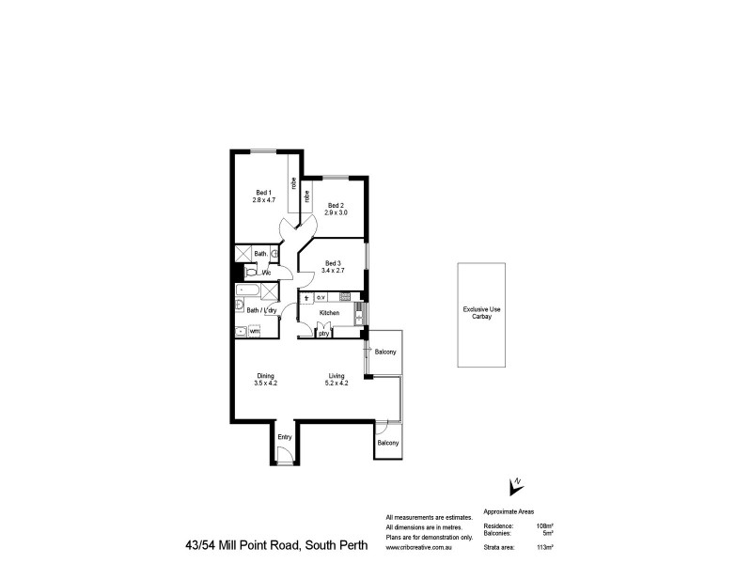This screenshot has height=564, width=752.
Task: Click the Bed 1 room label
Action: (x=262, y=193)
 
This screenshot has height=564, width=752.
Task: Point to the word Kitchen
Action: (x=329, y=312)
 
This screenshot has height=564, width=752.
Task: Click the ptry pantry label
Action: (x=323, y=333)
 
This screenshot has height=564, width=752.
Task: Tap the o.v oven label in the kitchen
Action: (x=321, y=298)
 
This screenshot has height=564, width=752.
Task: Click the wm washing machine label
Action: (x=255, y=331)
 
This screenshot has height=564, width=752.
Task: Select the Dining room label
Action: (x=265, y=376)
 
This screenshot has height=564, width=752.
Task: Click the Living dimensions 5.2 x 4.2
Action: (x=337, y=384)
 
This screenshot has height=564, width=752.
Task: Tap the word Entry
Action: (x=285, y=437)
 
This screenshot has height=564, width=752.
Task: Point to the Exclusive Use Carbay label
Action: (x=482, y=314)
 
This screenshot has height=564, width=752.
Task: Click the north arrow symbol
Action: (x=514, y=485)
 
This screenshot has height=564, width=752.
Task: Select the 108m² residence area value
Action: (x=543, y=525)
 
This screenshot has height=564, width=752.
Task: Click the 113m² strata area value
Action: (x=543, y=546)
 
